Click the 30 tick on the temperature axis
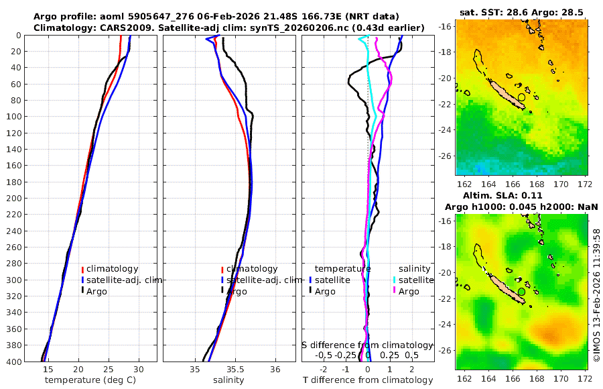coord(139,370)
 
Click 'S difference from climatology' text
coord(368,345)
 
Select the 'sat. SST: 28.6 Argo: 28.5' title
coord(522,13)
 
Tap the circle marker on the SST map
coord(522,97)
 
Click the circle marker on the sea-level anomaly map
coord(522,292)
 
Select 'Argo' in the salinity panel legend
coord(236,291)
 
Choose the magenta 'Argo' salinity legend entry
coord(408,291)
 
